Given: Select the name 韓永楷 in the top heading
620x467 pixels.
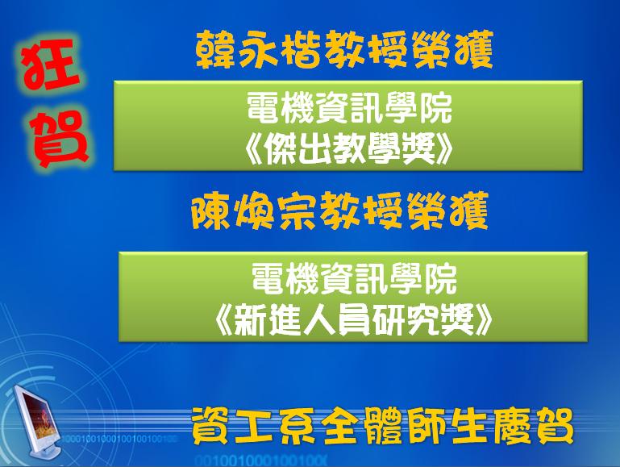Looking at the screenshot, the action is pos(258,51).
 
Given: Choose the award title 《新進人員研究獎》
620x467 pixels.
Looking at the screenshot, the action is pos(353,320).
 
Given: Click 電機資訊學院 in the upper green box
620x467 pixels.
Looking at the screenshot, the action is pos(349,108).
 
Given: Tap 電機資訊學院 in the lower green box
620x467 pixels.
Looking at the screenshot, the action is pos(354,278).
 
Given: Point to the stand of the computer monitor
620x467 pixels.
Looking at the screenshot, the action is pos(47,450).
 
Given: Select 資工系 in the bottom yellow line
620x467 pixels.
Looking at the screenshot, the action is pos(253,427).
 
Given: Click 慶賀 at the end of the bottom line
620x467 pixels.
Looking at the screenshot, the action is pos(532,427).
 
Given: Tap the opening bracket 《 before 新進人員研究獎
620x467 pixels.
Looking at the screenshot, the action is pos(224,320).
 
